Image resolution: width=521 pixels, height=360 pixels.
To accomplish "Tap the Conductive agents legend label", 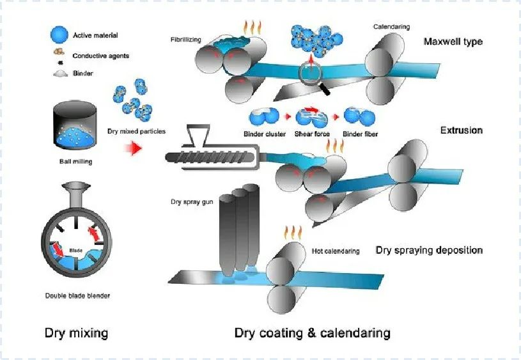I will [101, 56].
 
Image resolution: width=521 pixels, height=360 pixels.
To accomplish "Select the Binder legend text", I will [83, 74].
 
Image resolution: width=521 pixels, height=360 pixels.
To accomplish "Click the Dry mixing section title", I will [76, 333].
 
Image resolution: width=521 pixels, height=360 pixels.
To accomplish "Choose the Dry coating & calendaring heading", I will [312, 333].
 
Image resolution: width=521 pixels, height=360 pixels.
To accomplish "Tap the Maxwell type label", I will [453, 42].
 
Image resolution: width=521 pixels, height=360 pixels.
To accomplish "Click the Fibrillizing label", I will [186, 40].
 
